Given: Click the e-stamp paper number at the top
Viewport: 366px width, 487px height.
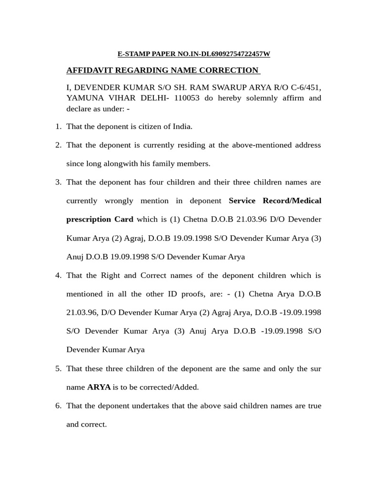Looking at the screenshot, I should (x=193, y=54).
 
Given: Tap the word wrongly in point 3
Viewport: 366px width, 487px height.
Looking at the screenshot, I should (x=116, y=201).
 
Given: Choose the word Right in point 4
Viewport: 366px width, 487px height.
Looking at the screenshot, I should (x=111, y=275).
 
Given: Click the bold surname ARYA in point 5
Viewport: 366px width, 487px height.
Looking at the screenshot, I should (x=99, y=387).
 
